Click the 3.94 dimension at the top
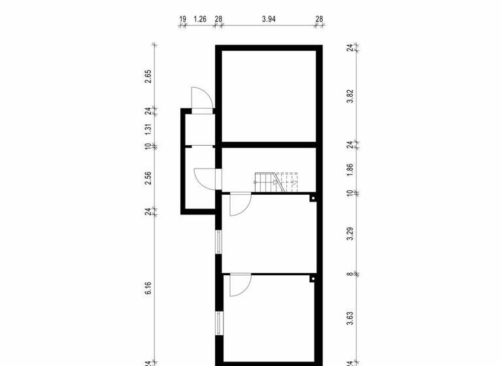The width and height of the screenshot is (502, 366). (269, 20)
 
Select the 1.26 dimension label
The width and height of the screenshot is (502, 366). (200, 20)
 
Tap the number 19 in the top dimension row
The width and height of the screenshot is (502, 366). (182, 20)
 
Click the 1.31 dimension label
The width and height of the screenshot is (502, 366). (148, 129)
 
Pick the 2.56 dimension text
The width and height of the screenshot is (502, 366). (148, 178)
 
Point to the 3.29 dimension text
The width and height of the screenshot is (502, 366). (350, 233)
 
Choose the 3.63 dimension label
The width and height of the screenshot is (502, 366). (350, 318)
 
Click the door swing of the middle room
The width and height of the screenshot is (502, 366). (239, 204)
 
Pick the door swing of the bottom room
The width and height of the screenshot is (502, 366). (239, 284)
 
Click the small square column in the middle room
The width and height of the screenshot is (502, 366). (313, 198)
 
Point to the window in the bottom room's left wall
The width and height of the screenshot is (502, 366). (219, 324)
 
